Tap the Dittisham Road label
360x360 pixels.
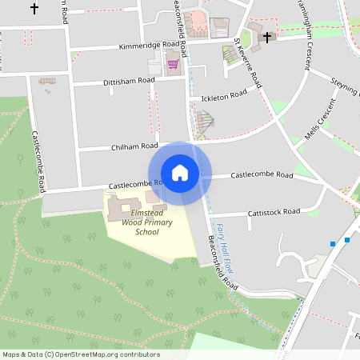coord(129,82)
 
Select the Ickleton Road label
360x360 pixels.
coord(224,96)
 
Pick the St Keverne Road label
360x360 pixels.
coord(249,62)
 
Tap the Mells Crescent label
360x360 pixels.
coord(318,121)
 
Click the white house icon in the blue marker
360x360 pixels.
coord(180,173)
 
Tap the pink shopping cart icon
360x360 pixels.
coord(172,63)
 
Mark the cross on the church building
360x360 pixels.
coord(266,37)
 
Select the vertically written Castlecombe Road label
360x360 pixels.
coord(39,161)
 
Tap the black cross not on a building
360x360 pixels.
coord(34,9)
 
